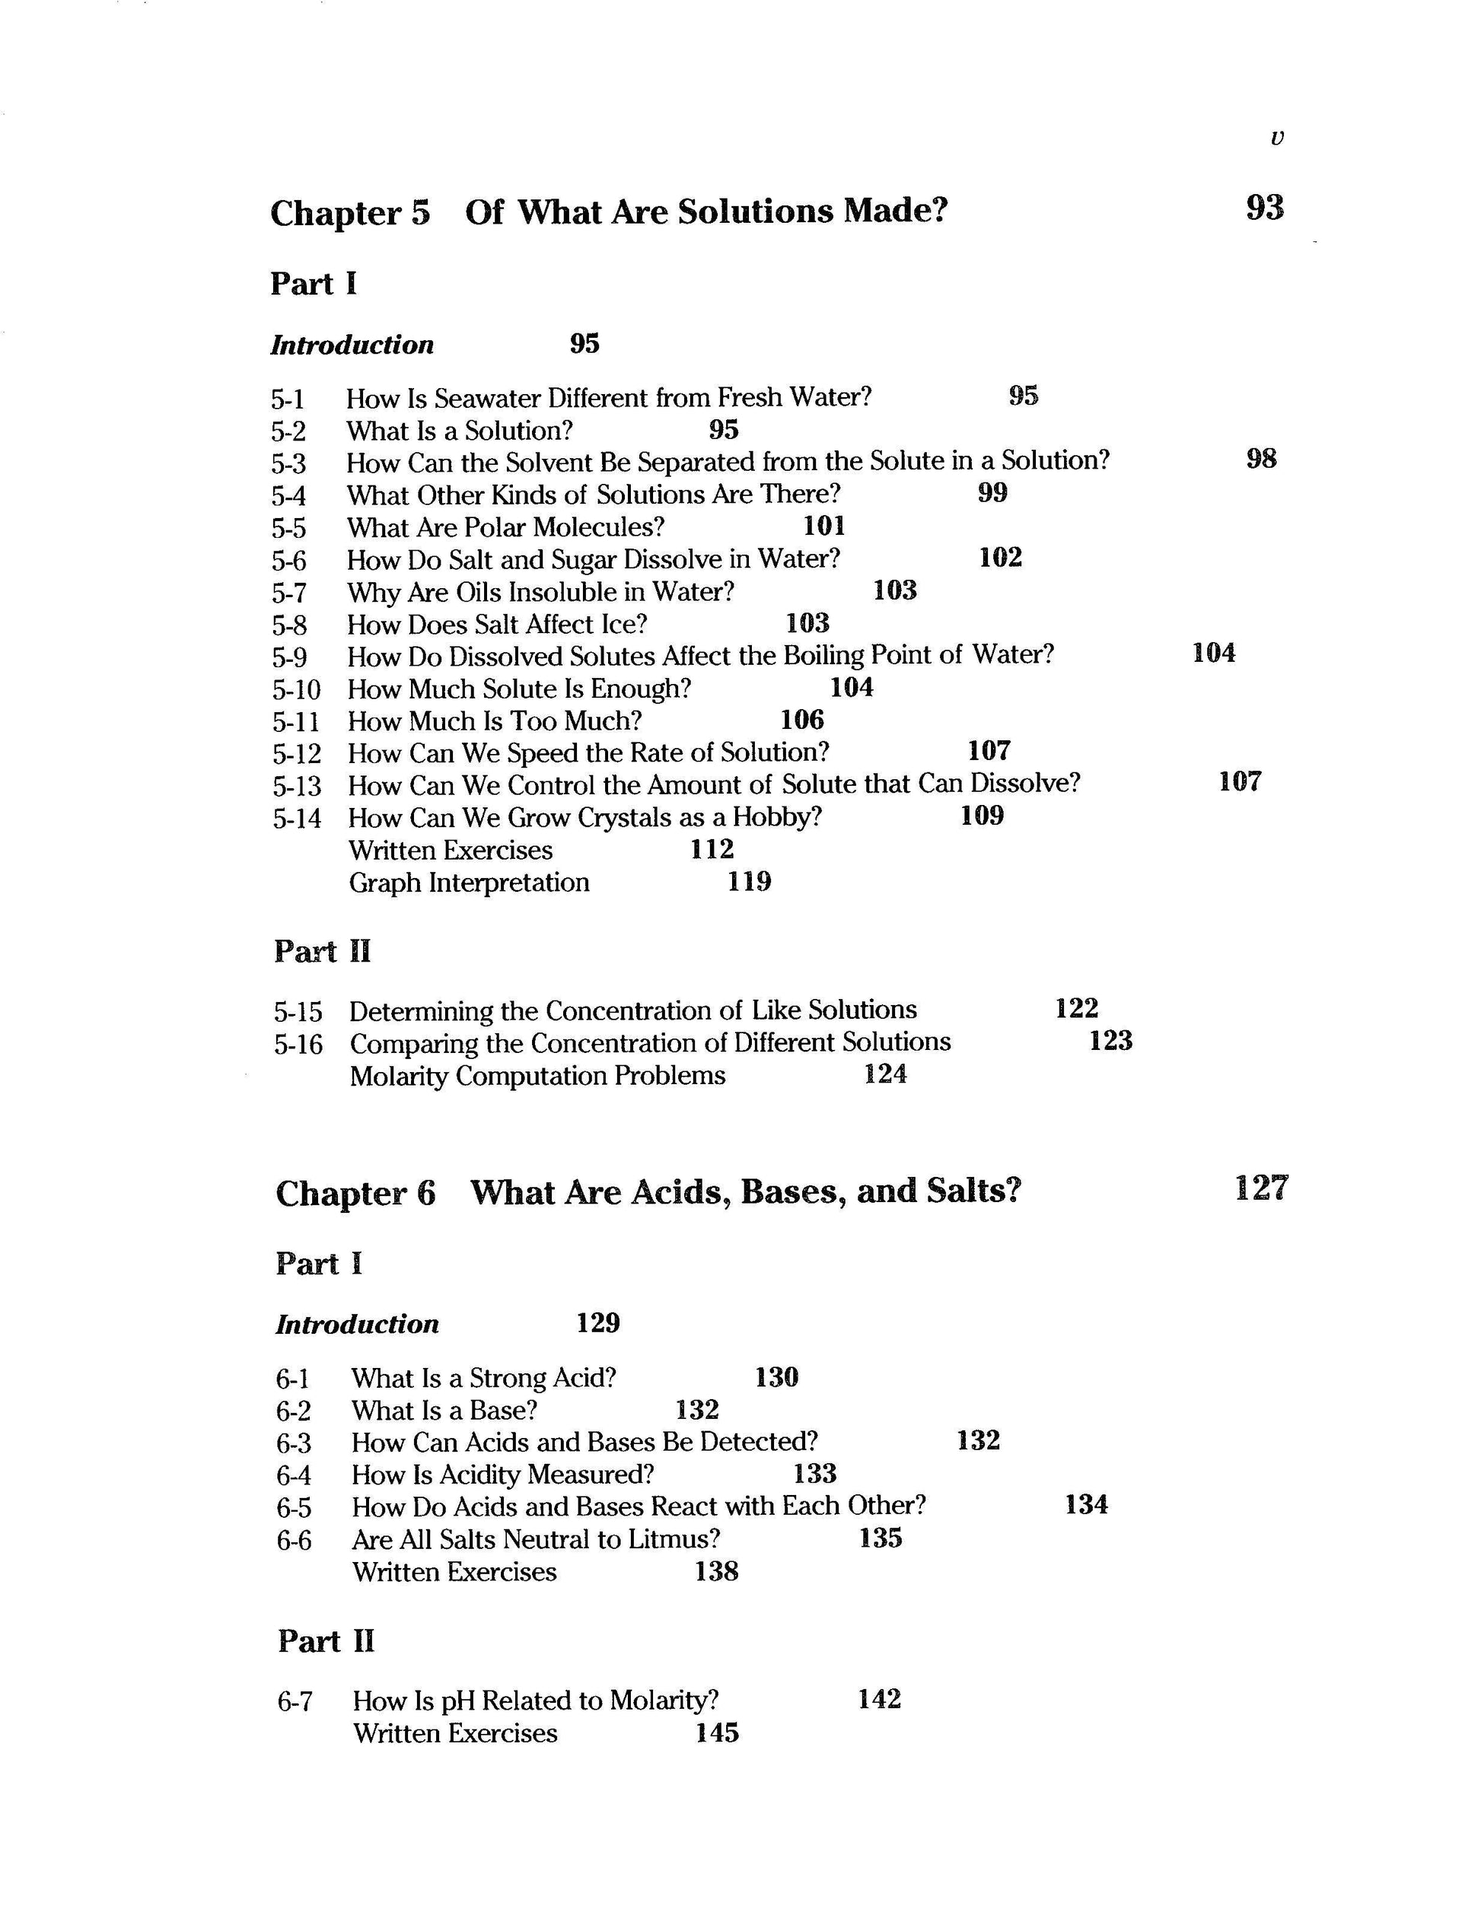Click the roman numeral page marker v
click(x=1277, y=138)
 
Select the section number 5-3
click(x=289, y=463)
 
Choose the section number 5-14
click(x=297, y=819)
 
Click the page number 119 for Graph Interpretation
click(x=750, y=881)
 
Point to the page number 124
click(x=885, y=1074)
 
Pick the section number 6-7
click(x=295, y=1702)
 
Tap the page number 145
click(x=717, y=1734)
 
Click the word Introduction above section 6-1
click(x=357, y=1325)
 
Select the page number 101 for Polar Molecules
click(x=824, y=526)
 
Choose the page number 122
click(x=1076, y=1008)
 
